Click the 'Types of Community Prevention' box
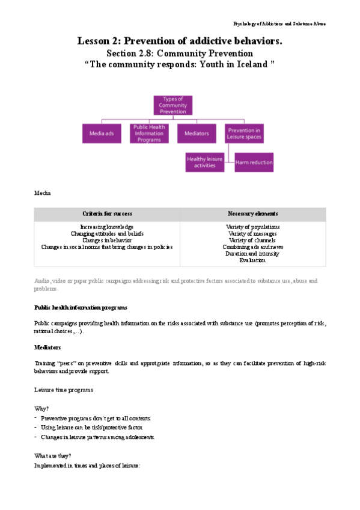tap(172, 105)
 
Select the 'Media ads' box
tap(102, 133)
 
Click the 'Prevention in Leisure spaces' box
tap(245, 133)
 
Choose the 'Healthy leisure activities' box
tap(205, 162)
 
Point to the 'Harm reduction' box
tap(254, 162)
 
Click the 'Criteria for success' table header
tap(107, 214)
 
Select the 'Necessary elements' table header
tap(252, 214)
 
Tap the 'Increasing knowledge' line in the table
tap(107, 227)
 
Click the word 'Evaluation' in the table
tap(252, 260)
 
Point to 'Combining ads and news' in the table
tap(252, 247)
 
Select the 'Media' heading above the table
tap(43, 193)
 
